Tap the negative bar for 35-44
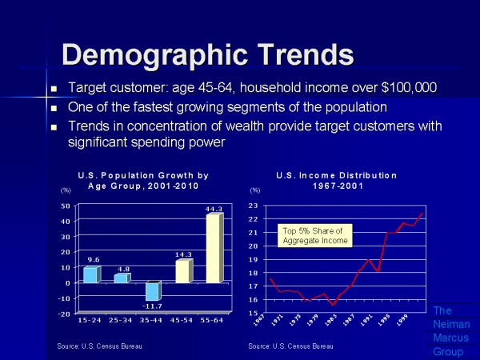[x=153, y=292]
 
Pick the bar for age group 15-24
[x=91, y=274]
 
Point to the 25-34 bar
[x=121, y=278]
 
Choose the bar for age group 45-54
[x=183, y=271]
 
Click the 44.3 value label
[x=213, y=210]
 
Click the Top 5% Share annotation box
[x=313, y=235]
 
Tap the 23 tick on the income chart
[x=253, y=206]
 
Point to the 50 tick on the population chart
[x=65, y=206]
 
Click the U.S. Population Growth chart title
[x=143, y=180]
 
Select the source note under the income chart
[x=290, y=346]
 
